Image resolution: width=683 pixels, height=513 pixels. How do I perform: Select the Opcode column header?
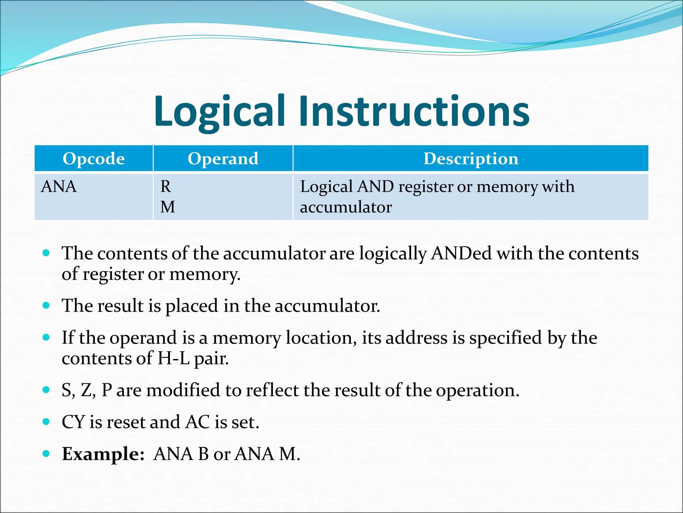(94, 159)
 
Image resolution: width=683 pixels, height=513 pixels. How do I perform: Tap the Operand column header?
(223, 159)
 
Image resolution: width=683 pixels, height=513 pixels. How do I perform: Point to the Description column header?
(471, 159)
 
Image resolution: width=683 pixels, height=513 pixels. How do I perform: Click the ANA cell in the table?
(59, 186)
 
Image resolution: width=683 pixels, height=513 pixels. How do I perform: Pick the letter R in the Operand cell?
(166, 186)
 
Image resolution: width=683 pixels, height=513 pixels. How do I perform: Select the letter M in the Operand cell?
(167, 207)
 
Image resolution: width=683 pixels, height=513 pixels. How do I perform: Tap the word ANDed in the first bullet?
(461, 253)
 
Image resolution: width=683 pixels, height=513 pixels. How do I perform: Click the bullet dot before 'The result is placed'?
(46, 305)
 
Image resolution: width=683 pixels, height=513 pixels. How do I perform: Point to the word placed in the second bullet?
(191, 306)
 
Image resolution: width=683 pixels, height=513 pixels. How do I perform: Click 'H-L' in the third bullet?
(173, 358)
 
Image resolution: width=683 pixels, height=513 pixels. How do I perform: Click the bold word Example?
(103, 454)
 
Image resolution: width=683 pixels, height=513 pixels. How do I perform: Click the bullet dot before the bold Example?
(46, 454)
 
